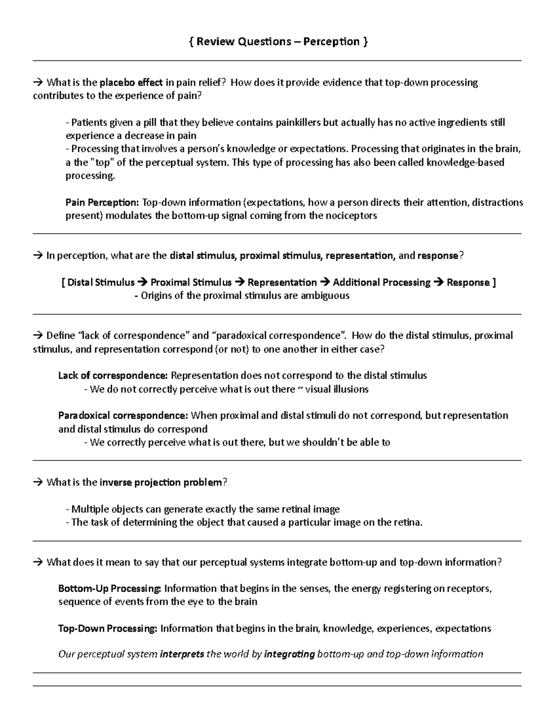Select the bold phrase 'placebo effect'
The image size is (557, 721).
click(x=131, y=83)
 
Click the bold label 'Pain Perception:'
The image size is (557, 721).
click(x=102, y=202)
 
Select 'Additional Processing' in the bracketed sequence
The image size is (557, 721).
click(x=382, y=283)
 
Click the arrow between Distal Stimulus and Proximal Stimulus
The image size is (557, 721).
click(x=142, y=283)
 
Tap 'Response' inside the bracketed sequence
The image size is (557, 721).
click(x=468, y=283)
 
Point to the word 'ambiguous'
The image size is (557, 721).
click(x=326, y=296)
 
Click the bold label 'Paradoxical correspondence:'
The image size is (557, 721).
click(x=123, y=416)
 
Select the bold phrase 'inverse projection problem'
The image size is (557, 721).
click(x=161, y=482)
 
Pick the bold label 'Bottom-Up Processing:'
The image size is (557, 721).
click(x=110, y=589)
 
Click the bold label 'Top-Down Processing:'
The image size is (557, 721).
click(x=108, y=629)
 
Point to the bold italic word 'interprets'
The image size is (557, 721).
click(x=181, y=655)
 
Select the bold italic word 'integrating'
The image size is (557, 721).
click(x=289, y=655)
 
